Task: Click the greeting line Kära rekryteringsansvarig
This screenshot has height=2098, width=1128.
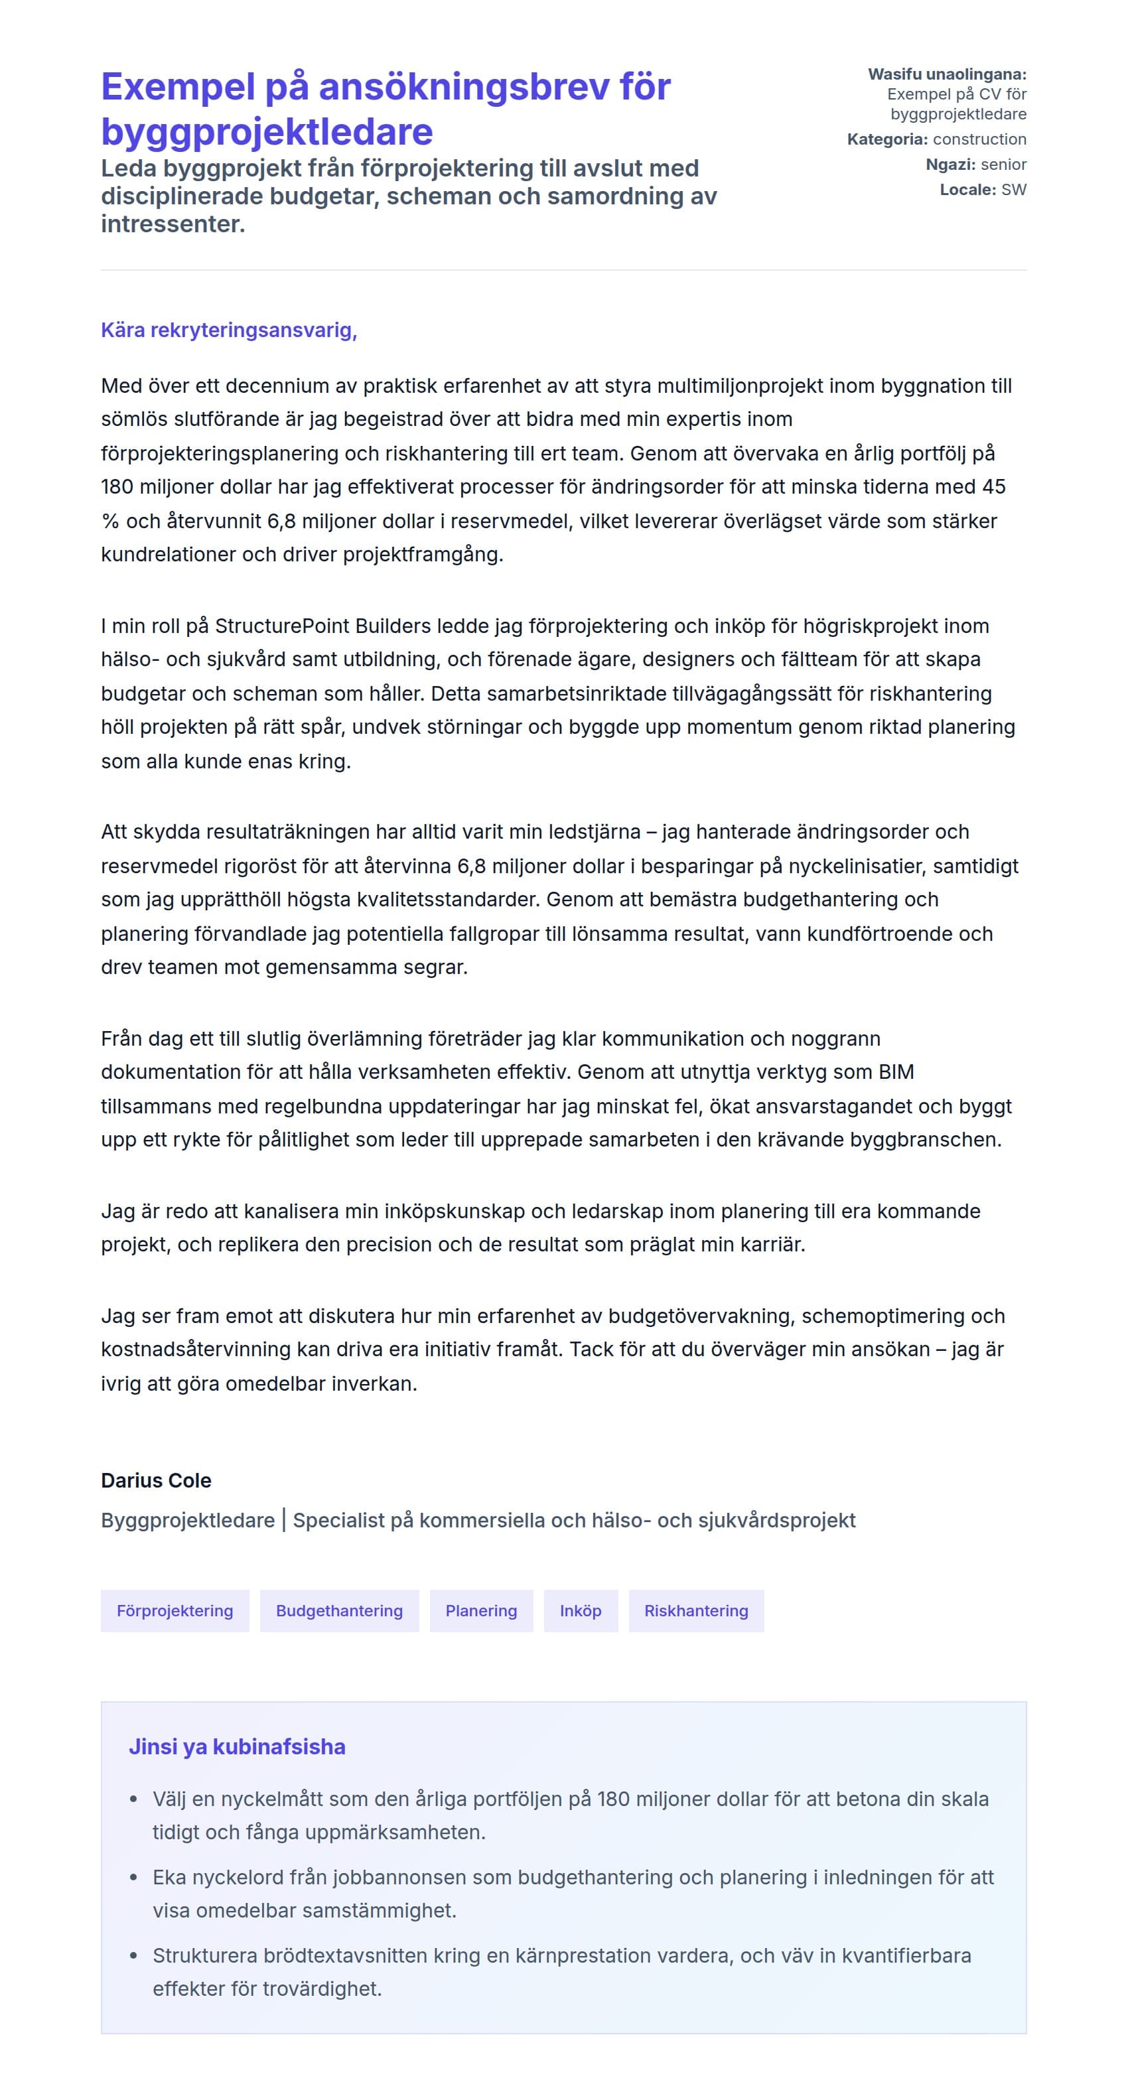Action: tap(229, 330)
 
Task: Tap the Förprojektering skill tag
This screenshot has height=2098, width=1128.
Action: tap(175, 1610)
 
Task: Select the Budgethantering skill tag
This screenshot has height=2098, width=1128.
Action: tap(339, 1610)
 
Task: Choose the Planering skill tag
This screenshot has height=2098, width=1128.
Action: tap(480, 1610)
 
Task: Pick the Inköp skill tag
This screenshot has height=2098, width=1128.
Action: tap(580, 1610)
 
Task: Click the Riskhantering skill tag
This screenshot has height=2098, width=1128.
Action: tap(695, 1610)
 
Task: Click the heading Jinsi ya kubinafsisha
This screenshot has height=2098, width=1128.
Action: tap(236, 1746)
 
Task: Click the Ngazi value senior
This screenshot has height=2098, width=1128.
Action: tap(1003, 165)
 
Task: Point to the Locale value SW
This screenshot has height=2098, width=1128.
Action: tap(1013, 190)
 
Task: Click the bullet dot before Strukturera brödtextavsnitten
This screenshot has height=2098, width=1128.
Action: tap(133, 1955)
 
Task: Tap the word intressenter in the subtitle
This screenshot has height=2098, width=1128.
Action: tap(173, 224)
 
